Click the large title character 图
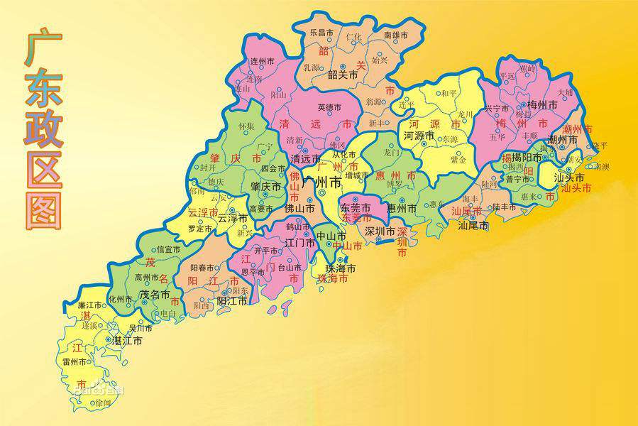point(43,207)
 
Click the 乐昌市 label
point(321,33)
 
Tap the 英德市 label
point(329,107)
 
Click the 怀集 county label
point(246,126)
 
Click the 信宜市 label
point(169,249)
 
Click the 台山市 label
point(290,268)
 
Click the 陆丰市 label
point(506,207)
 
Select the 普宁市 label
point(517,180)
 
